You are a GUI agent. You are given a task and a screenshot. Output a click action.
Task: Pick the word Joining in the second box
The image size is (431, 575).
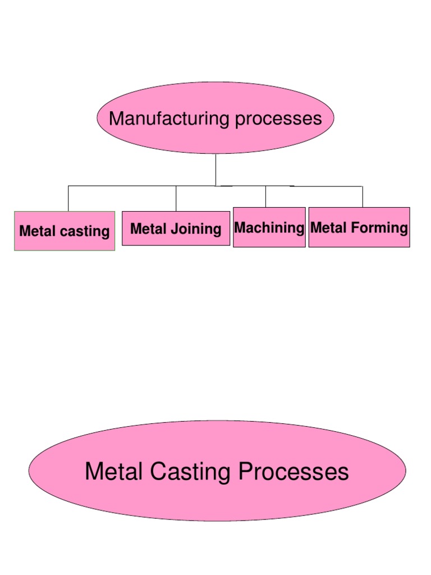(195, 229)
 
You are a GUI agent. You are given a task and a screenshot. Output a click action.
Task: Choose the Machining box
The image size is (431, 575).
(269, 227)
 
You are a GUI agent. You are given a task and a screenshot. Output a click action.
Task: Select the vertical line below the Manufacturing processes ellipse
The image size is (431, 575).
(215, 170)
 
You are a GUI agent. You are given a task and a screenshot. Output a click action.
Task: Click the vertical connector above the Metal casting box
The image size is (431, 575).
(68, 198)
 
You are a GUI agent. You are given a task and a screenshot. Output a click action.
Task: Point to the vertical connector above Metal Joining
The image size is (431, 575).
(176, 198)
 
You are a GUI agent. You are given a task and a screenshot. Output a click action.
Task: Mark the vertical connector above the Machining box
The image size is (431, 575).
(265, 197)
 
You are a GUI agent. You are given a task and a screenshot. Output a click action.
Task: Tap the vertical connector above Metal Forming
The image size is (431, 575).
(362, 197)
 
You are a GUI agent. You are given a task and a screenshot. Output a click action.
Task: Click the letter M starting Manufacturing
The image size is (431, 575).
(115, 118)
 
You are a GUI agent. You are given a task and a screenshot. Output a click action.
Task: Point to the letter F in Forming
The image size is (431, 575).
(354, 228)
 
